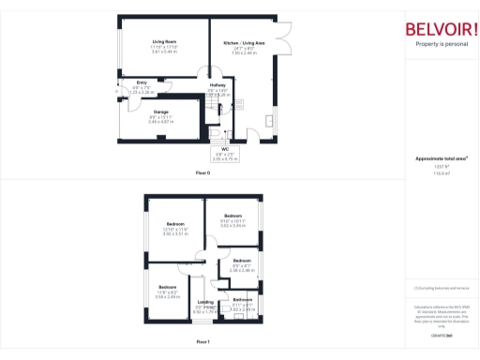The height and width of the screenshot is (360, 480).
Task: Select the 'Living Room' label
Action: tap(165, 42)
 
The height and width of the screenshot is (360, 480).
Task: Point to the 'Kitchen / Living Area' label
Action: tap(243, 42)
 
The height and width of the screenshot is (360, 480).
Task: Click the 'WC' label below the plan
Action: tap(226, 148)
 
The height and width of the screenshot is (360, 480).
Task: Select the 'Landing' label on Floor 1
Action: tap(204, 301)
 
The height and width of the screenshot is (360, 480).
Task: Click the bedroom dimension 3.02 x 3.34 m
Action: tap(232, 226)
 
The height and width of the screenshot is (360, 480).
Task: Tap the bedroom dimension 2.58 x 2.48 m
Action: tap(242, 270)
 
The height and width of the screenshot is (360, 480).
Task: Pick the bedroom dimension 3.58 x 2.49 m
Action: tap(168, 296)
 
